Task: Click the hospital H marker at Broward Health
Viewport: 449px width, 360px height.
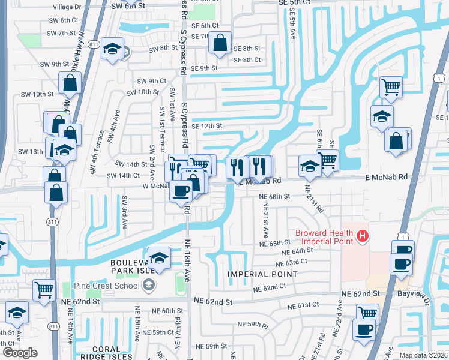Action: coord(362,237)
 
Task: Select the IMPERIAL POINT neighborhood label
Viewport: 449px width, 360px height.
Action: coord(262,274)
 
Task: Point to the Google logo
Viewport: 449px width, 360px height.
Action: coord(19,353)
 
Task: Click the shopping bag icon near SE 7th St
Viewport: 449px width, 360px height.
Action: coord(220,43)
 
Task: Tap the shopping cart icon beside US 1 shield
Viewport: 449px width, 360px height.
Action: coord(391,87)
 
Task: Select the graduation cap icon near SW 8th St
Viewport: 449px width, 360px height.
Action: coord(112,49)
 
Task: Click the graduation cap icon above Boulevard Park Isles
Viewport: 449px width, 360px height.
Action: coord(158,258)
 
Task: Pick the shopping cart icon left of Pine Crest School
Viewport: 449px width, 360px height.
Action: coord(44,290)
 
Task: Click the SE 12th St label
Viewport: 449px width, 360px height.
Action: coord(207,126)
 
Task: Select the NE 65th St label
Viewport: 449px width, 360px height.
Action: coord(276,243)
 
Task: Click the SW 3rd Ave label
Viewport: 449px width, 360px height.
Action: coord(125,213)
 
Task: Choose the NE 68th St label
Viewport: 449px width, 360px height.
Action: coord(274,196)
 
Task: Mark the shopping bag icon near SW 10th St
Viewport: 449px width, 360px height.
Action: coord(70,83)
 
